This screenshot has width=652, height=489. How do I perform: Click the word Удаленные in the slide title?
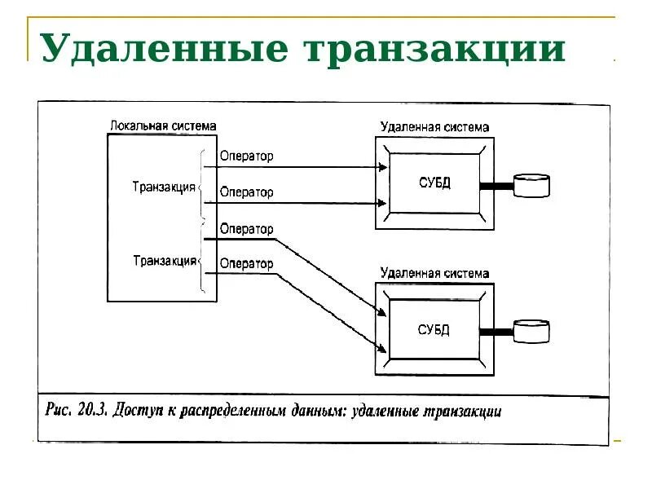(x=164, y=49)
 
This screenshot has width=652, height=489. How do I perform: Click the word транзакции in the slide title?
(x=435, y=49)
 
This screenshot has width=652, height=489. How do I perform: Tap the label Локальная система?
(x=162, y=126)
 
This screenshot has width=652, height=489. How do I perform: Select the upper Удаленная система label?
(x=434, y=127)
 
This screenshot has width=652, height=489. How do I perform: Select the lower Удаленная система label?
(x=434, y=274)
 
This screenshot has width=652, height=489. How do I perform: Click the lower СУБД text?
(x=434, y=330)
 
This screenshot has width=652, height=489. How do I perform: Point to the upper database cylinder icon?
(x=532, y=186)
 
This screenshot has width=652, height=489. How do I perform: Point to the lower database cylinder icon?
(x=532, y=332)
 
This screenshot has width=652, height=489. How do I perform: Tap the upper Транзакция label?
(x=164, y=187)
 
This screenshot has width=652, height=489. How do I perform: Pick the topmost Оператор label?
(x=246, y=156)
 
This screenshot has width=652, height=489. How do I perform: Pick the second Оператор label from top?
(x=246, y=192)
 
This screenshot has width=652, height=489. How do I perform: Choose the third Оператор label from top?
(x=246, y=229)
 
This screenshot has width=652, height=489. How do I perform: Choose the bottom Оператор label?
(x=246, y=263)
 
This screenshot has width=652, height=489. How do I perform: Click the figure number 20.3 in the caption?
(x=89, y=410)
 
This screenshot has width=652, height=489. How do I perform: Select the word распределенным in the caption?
(x=236, y=411)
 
